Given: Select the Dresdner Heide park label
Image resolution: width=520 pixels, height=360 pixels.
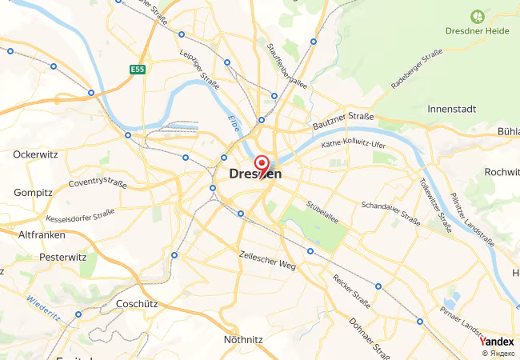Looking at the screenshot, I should [x=477, y=30].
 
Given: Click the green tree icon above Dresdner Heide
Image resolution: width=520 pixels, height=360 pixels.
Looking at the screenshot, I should [x=478, y=15].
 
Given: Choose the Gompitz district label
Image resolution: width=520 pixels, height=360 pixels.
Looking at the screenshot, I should [x=34, y=193].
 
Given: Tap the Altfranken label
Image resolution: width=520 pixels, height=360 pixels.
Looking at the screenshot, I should [x=42, y=234].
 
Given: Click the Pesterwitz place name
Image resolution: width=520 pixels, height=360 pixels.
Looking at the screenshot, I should [x=62, y=258].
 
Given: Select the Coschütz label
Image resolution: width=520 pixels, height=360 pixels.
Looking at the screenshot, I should [x=134, y=304].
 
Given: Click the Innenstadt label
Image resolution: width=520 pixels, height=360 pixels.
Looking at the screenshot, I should [x=452, y=108].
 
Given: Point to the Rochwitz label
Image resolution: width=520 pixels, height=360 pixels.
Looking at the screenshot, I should [x=502, y=171].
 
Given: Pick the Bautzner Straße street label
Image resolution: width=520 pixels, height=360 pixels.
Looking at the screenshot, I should [x=344, y=120].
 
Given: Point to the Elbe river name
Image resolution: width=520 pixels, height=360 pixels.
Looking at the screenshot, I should [x=234, y=125].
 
